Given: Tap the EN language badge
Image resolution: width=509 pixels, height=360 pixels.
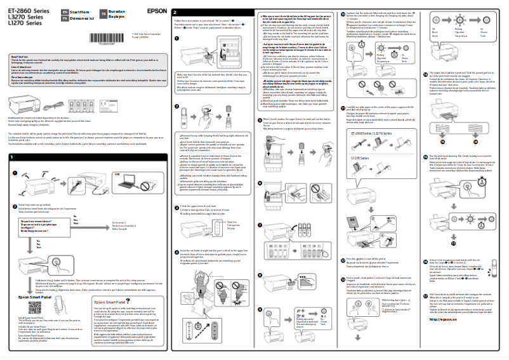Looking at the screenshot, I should [65, 11].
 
